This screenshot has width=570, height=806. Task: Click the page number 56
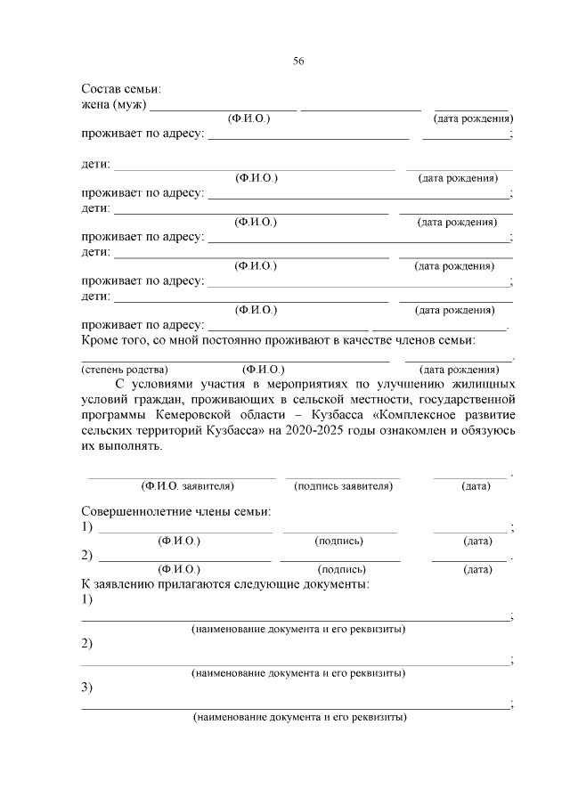tap(298, 61)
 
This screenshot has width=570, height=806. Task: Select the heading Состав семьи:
tap(121, 90)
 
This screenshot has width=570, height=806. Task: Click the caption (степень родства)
tap(125, 369)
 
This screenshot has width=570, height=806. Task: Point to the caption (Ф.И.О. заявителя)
tap(188, 486)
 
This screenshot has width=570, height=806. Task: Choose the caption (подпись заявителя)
tap(343, 486)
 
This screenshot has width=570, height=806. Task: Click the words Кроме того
tap(112, 339)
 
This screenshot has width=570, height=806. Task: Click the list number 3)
tap(88, 688)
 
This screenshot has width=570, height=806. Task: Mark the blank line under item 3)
tap(296, 707)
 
